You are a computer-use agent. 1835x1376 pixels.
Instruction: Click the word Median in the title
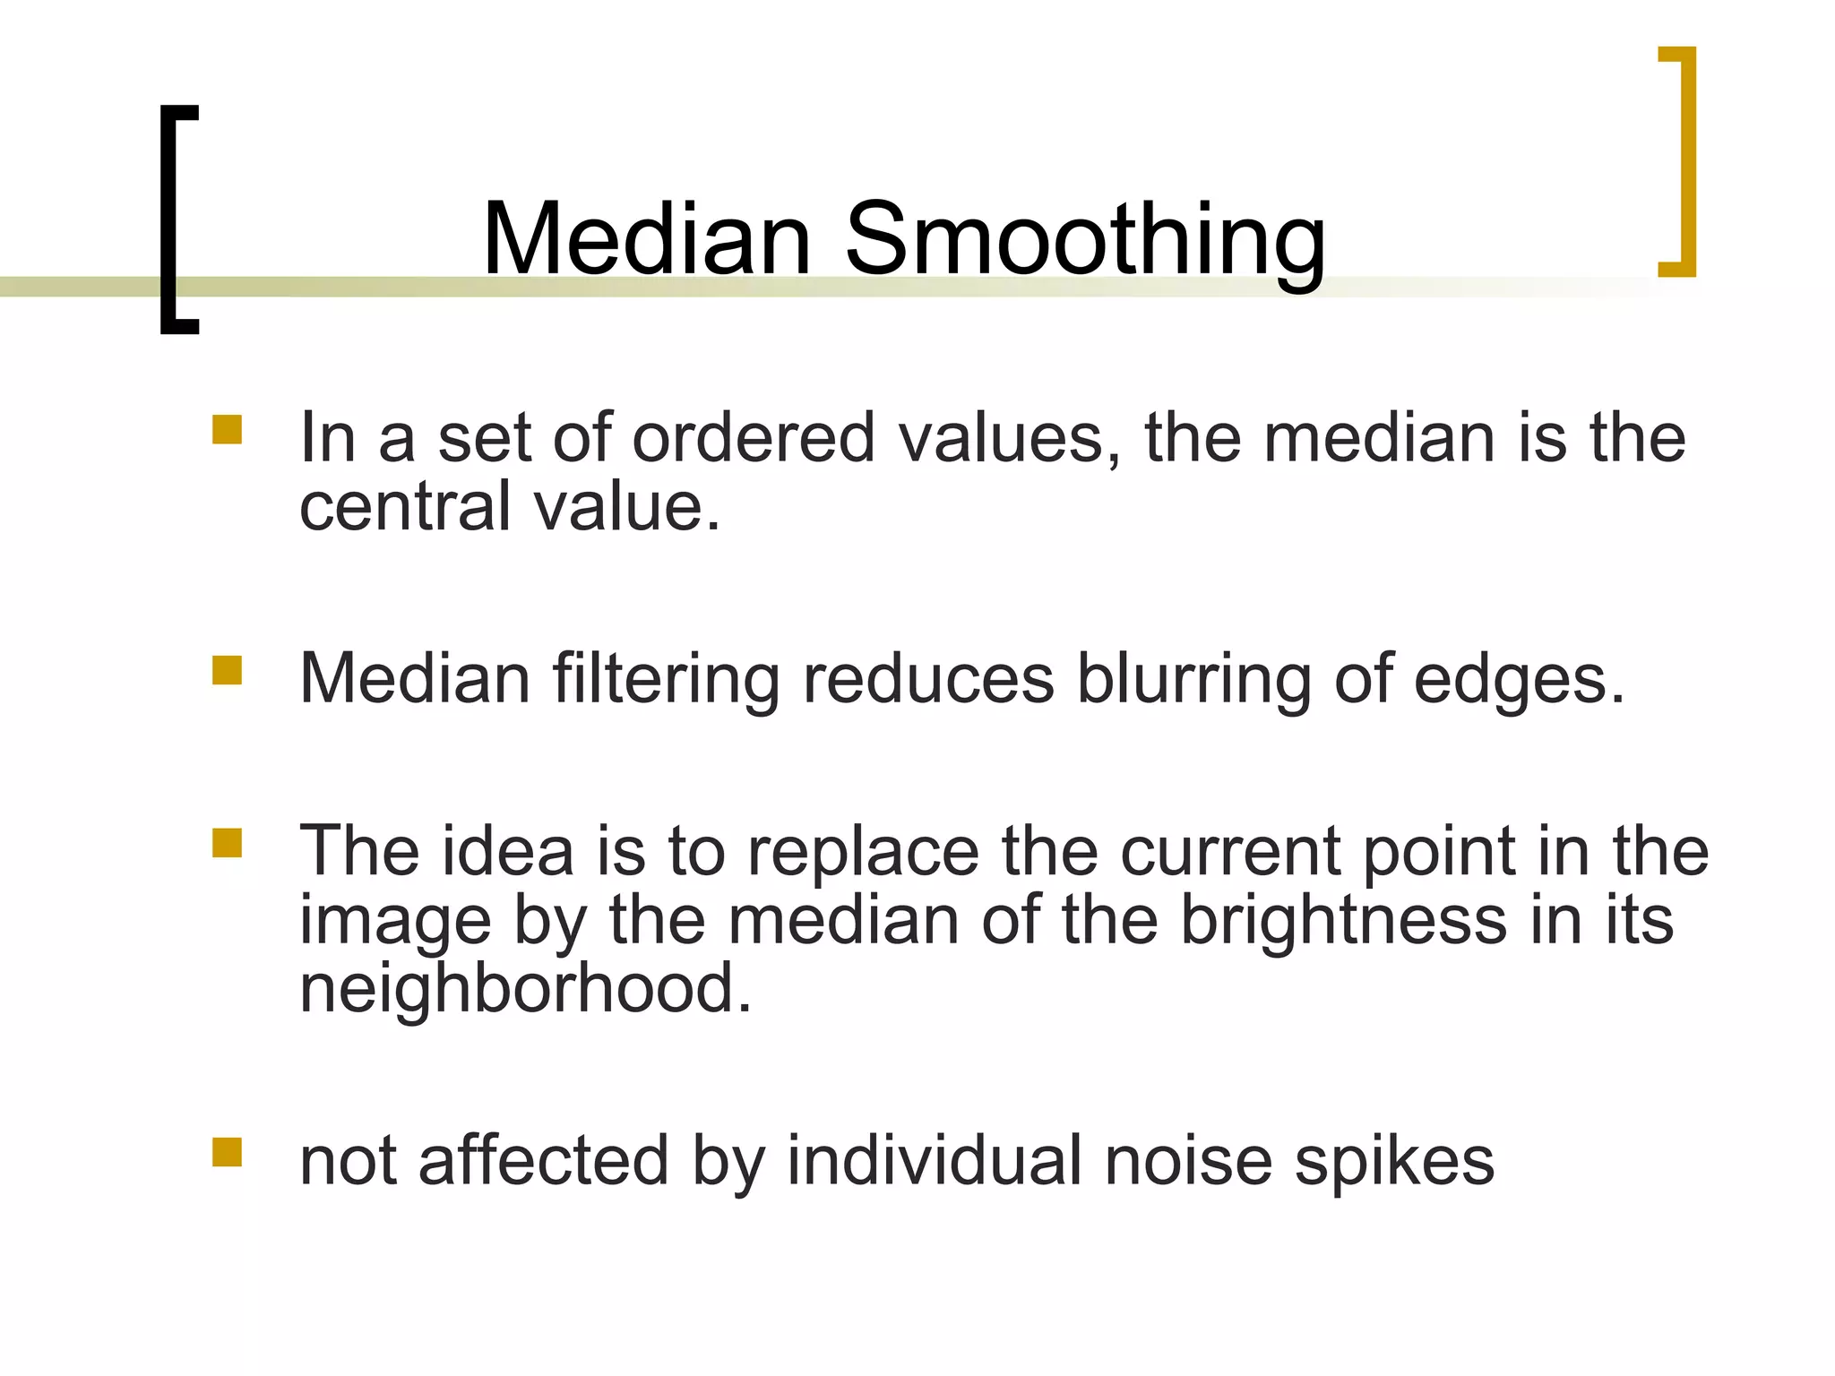tap(646, 238)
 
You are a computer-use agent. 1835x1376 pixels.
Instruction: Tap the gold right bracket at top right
tap(1684, 161)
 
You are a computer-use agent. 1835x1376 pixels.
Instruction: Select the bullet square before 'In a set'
tap(227, 429)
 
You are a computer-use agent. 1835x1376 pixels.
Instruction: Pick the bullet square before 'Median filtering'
tap(227, 670)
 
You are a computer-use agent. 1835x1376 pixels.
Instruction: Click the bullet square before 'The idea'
tap(227, 843)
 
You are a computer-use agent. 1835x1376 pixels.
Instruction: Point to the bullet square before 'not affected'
tap(227, 1152)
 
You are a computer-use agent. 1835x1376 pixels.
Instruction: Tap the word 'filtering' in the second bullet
tap(667, 679)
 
